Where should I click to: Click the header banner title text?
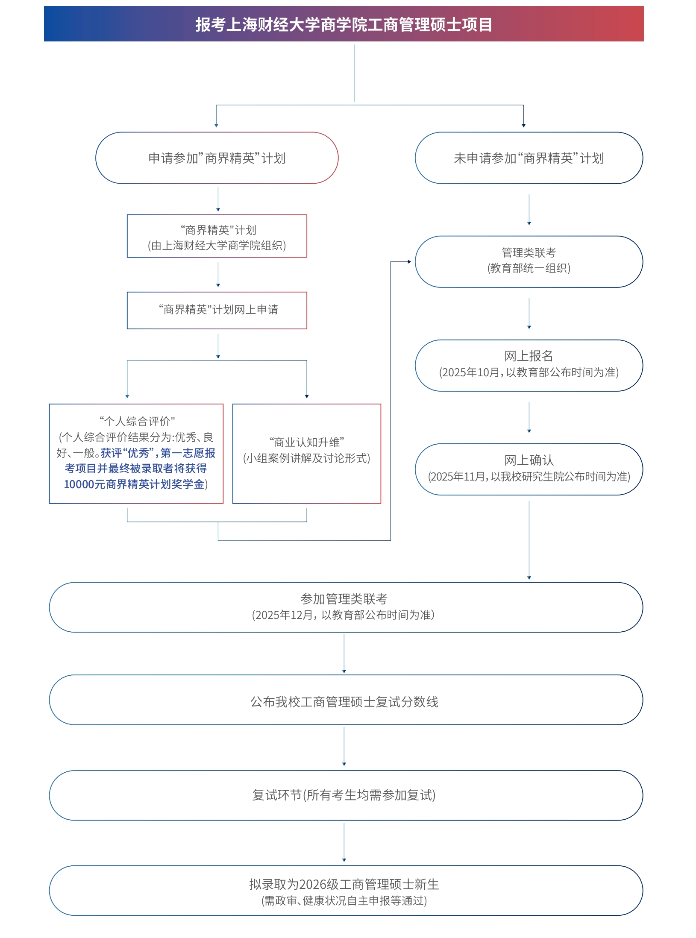[x=344, y=24]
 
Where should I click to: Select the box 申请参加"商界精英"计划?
[x=217, y=158]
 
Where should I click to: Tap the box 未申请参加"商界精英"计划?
[x=529, y=158]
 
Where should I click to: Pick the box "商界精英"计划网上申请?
[x=217, y=310]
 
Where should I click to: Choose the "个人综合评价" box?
[x=136, y=453]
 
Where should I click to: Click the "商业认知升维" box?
[x=306, y=453]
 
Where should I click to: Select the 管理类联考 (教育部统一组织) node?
[x=529, y=261]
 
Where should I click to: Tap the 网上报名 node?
[x=529, y=365]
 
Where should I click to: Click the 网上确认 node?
[x=529, y=469]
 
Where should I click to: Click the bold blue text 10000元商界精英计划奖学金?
[x=134, y=484]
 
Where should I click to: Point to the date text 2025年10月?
[x=470, y=372]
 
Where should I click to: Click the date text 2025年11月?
[x=459, y=477]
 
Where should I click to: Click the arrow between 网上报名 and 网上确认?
[x=529, y=417]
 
